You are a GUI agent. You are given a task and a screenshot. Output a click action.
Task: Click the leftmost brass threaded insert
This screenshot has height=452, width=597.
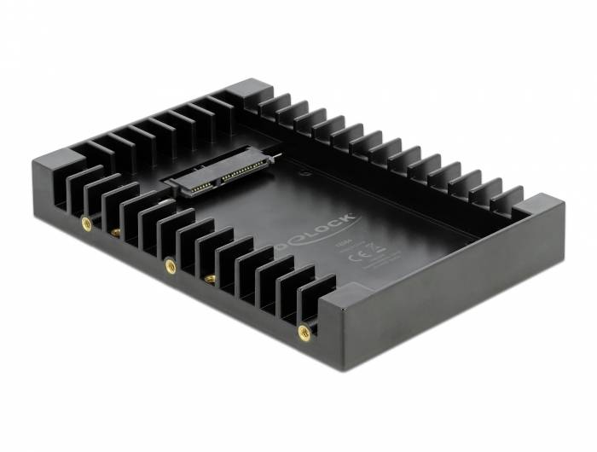pos(86,223)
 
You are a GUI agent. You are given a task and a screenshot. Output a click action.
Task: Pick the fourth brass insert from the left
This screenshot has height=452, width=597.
pos(208,279)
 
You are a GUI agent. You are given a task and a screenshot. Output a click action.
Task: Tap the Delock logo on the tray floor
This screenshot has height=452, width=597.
pos(334,231)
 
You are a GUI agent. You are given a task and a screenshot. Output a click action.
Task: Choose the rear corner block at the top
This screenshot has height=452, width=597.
pos(248,92)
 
